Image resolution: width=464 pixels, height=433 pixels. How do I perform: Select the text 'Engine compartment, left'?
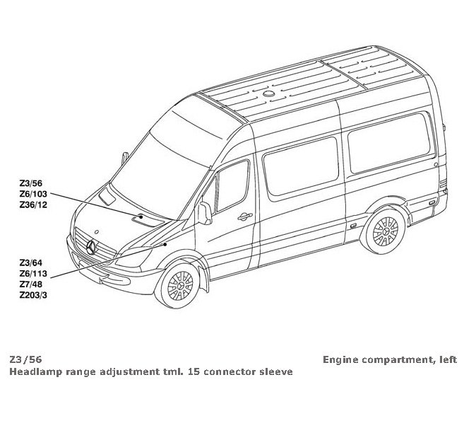tap(390, 359)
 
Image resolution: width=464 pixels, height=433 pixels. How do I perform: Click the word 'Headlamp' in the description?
tap(35, 371)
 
